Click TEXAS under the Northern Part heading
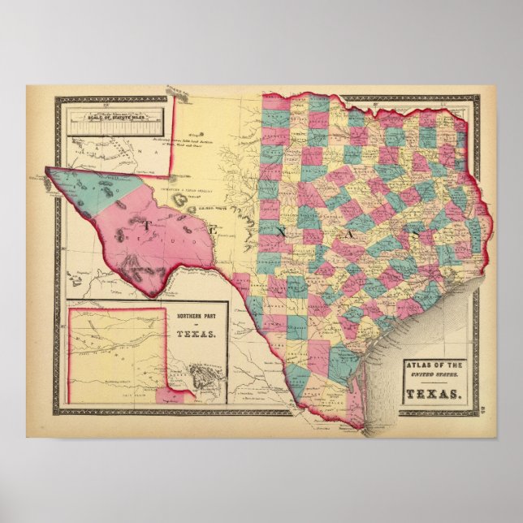coord(195,334)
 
